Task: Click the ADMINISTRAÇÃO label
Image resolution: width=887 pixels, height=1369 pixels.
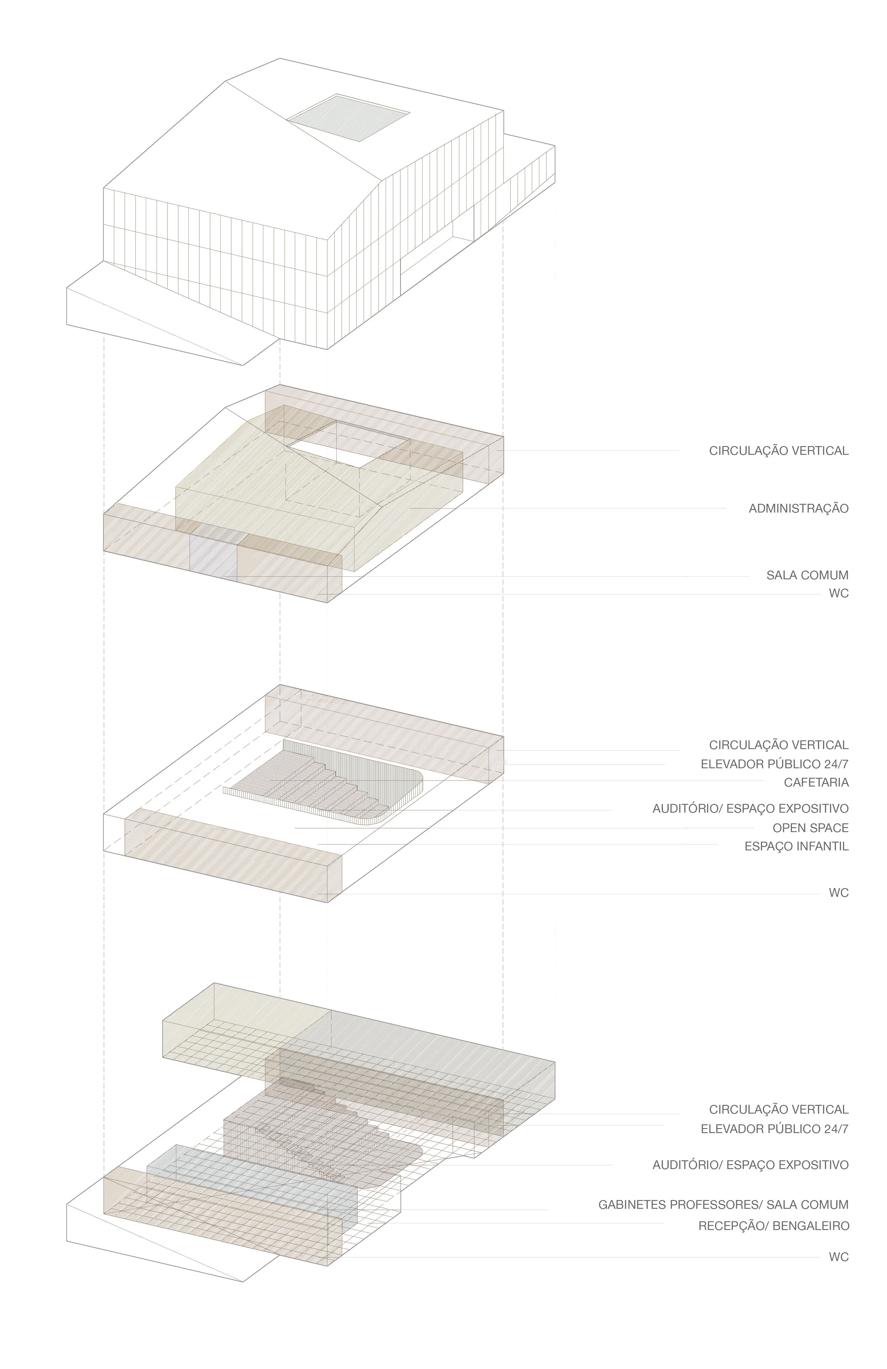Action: point(798,509)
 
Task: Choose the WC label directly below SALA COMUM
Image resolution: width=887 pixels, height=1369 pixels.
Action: point(838,594)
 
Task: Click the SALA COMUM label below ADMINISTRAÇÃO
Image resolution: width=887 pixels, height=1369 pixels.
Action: point(807,575)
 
